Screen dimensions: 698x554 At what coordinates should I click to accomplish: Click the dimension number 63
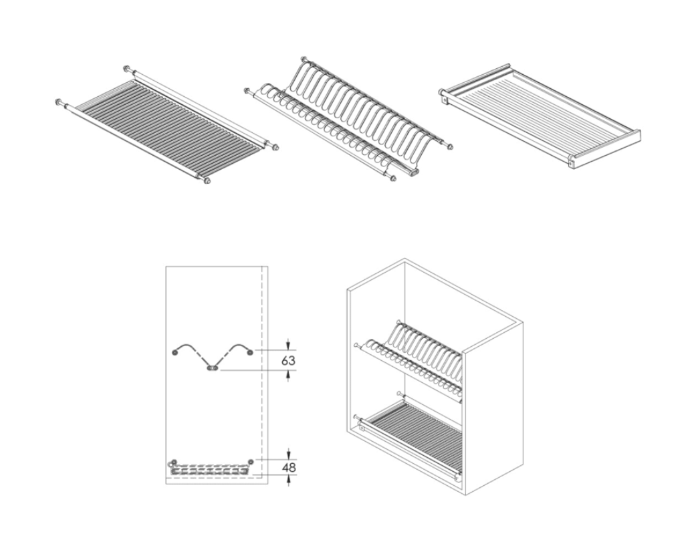pyautogui.click(x=288, y=360)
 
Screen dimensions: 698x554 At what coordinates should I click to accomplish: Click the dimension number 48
pyautogui.click(x=288, y=468)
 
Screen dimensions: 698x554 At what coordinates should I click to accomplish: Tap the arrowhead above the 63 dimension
pyautogui.click(x=288, y=345)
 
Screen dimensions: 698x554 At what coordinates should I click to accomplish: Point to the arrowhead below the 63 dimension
pyautogui.click(x=288, y=376)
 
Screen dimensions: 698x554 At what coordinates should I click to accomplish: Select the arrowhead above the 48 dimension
pyautogui.click(x=288, y=454)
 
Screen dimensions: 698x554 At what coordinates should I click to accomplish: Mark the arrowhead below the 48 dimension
pyautogui.click(x=288, y=480)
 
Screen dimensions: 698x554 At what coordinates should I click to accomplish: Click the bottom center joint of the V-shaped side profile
pyautogui.click(x=213, y=368)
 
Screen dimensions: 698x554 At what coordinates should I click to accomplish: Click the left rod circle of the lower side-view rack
pyautogui.click(x=174, y=462)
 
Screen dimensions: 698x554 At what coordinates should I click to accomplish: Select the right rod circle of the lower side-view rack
pyautogui.click(x=251, y=462)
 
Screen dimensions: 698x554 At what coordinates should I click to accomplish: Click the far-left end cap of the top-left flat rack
pyautogui.click(x=58, y=102)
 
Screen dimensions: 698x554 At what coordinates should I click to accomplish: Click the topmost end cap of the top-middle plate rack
pyautogui.click(x=304, y=59)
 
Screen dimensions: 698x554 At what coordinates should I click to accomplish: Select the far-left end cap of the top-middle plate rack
pyautogui.click(x=247, y=92)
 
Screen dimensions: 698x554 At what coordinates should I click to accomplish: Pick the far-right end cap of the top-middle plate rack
pyautogui.click(x=451, y=146)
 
